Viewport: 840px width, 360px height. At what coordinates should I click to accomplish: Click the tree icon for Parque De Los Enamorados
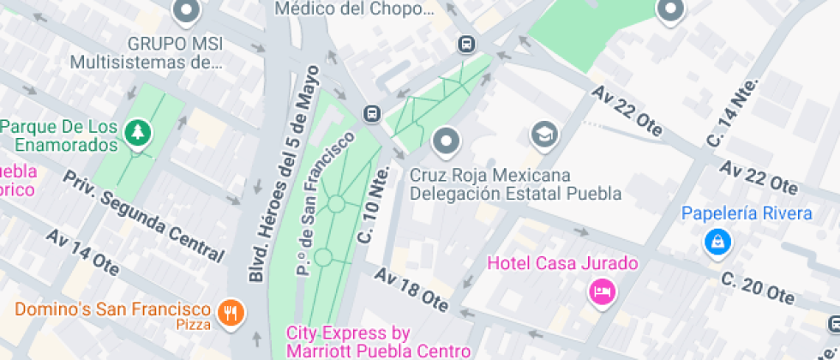pyautogui.click(x=136, y=132)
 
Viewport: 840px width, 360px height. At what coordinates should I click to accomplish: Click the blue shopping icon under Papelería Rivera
pyautogui.click(x=717, y=243)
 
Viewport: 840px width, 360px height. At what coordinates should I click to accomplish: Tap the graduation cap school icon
pyautogui.click(x=543, y=134)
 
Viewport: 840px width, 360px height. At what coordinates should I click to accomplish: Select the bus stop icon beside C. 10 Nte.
pyautogui.click(x=372, y=113)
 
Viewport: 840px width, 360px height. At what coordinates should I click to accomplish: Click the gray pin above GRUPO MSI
pyautogui.click(x=186, y=12)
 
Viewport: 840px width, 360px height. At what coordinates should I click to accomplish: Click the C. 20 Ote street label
pyautogui.click(x=757, y=289)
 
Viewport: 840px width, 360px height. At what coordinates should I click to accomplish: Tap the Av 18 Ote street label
pyautogui.click(x=412, y=291)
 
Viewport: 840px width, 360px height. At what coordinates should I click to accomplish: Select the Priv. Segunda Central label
pyautogui.click(x=143, y=214)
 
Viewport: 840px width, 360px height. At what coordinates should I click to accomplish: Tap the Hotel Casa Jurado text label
pyautogui.click(x=563, y=263)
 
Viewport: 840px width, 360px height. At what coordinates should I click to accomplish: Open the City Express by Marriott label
pyautogui.click(x=378, y=341)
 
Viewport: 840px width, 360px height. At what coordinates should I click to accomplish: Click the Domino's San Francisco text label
pyautogui.click(x=113, y=309)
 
